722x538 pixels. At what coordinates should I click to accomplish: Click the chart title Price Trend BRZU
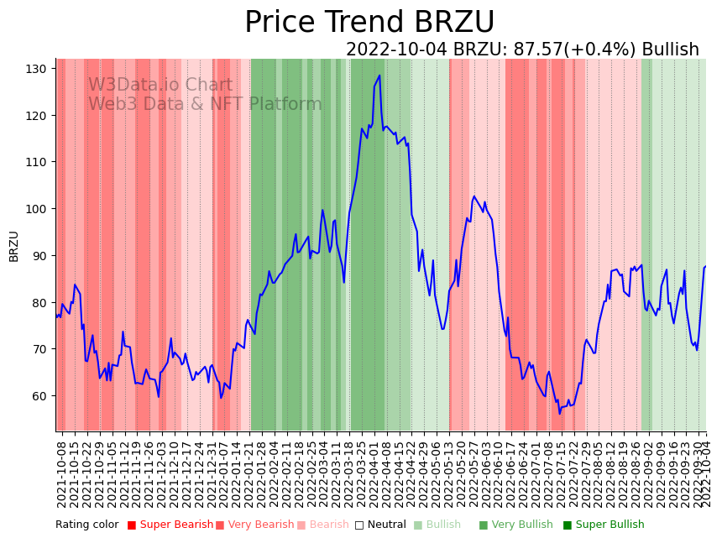[369, 23]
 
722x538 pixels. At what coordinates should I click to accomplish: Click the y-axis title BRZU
[13, 246]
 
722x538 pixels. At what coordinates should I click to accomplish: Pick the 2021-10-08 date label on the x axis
[61, 474]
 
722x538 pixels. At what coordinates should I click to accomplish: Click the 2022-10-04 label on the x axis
[706, 474]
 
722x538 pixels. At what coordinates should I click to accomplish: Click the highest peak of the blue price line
[379, 76]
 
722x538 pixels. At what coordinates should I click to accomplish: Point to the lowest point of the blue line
[559, 413]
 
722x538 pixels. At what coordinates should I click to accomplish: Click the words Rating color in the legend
[87, 525]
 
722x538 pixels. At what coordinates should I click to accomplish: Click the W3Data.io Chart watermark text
[160, 85]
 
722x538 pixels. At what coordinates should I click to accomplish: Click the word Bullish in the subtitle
[670, 50]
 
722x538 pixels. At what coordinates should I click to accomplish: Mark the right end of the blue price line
[706, 266]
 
